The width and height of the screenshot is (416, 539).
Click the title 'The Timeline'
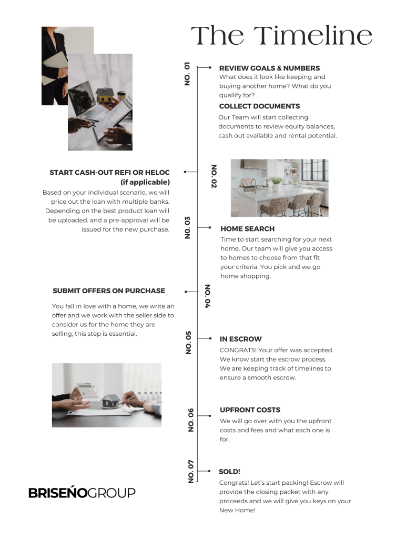pos(281,36)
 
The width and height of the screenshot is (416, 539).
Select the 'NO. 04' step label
pos(207,296)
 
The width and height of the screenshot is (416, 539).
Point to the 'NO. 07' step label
pos(191,471)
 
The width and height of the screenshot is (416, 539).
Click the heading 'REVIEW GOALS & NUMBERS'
pos(269,68)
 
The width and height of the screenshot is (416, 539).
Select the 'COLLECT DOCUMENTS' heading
pos(259,106)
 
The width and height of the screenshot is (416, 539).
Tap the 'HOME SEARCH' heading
pos(247,229)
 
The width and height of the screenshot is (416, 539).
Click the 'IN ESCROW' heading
pos(240,339)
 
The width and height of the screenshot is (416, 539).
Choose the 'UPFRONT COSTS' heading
pos(250,410)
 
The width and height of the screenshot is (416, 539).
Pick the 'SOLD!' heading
pos(229,472)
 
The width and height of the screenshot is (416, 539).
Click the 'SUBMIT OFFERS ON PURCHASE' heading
pos(109,291)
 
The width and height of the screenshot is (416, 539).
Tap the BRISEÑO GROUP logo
pos(82,493)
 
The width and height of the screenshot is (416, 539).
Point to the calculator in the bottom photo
pos(87,390)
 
